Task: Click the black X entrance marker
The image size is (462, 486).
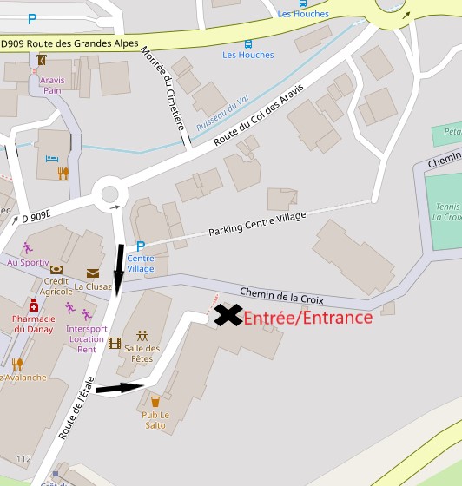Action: click(228, 314)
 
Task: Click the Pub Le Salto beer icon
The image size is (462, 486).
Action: click(155, 402)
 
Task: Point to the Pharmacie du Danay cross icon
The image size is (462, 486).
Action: click(34, 306)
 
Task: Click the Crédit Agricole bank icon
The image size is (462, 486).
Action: click(56, 270)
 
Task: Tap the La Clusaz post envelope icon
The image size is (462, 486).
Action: click(92, 273)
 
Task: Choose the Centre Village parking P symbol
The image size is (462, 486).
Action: click(140, 246)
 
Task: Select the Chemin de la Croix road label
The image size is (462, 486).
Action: click(281, 296)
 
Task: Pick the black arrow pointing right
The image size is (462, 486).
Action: click(119, 388)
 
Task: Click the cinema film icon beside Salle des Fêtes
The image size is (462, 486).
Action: click(115, 343)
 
